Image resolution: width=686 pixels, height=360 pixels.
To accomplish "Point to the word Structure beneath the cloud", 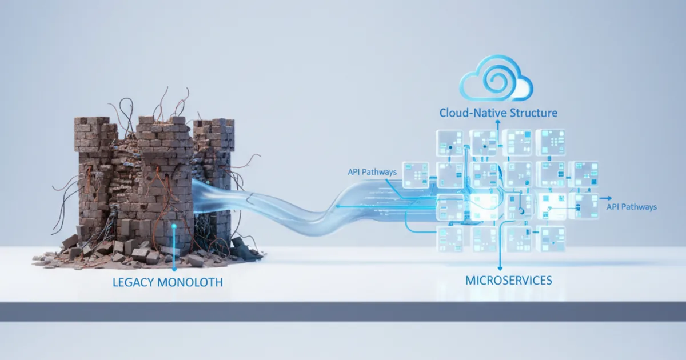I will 530,113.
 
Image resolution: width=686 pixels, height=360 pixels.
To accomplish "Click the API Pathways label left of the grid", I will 372,171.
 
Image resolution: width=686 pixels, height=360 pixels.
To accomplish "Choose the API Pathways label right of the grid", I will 631,207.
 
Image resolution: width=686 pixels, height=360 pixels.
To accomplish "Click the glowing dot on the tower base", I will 175,226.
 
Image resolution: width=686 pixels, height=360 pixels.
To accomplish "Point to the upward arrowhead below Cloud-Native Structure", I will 497,122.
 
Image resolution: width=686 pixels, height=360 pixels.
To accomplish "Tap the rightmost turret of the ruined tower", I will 214,129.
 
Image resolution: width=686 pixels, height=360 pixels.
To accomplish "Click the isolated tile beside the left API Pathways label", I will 416,174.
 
